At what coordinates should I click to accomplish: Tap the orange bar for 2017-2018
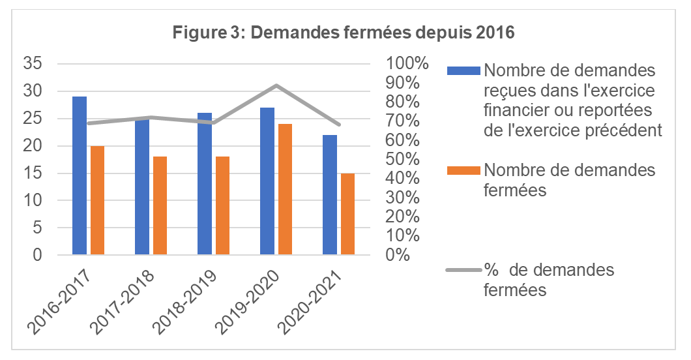[160, 205]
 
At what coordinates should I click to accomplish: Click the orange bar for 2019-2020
[285, 189]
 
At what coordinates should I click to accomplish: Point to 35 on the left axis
[33, 64]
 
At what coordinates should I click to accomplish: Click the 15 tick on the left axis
[33, 173]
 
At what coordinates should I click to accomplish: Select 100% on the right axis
[407, 64]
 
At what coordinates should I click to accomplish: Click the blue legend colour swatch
[463, 69]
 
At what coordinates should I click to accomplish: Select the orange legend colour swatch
[463, 170]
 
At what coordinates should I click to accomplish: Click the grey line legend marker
[463, 270]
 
